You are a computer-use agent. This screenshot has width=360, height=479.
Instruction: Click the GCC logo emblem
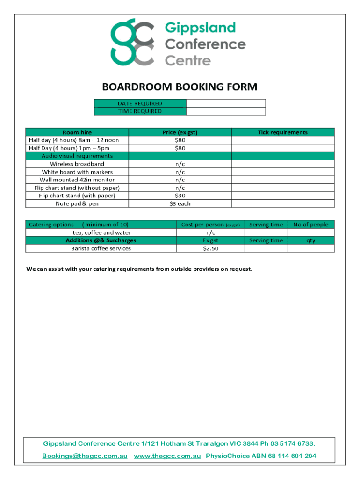pos(132,42)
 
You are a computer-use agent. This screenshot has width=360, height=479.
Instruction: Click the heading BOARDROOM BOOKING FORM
pos(180,87)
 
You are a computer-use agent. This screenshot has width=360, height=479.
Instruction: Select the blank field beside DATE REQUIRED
pos(226,103)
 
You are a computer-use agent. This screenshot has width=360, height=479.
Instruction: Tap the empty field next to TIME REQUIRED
pos(226,111)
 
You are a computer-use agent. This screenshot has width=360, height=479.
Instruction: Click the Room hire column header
pos(77,132)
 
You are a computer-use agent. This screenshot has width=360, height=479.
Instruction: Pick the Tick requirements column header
pos(283,132)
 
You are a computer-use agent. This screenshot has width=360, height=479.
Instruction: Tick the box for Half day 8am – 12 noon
pos(283,140)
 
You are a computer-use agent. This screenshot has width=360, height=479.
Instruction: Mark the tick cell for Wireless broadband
pos(283,164)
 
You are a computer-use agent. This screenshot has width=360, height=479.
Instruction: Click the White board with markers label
pos(77,172)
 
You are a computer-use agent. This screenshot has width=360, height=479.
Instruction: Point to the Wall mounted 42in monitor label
pos(77,180)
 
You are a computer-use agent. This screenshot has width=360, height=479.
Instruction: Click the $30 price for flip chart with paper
pos(180,196)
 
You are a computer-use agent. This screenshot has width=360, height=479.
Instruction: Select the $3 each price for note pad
pos(180,203)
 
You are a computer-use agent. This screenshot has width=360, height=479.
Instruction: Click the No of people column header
pos(311,225)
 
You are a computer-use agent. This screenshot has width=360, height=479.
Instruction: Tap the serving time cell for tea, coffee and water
pos(266,232)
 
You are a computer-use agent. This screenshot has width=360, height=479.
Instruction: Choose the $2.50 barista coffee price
pos(210,248)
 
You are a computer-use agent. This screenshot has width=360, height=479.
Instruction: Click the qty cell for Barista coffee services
pos(311,248)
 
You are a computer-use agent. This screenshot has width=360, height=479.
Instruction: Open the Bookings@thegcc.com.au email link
pos(85,456)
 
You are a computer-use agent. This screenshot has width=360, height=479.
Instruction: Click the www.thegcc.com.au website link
pos(167,456)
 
